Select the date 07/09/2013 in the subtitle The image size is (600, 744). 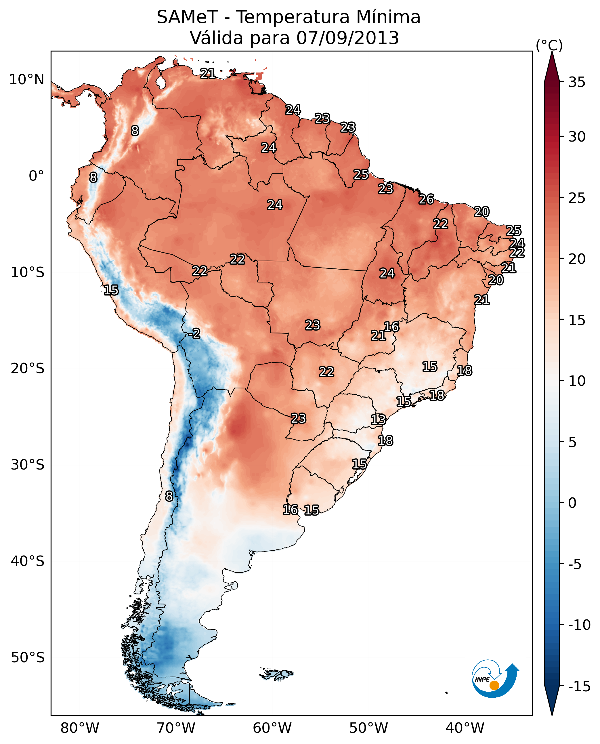(x=347, y=38)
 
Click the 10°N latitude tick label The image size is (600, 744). (x=27, y=80)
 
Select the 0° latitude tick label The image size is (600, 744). (x=36, y=176)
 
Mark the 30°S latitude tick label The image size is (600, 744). (x=28, y=465)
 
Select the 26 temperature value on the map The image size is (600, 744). (x=426, y=199)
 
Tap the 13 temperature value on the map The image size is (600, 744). (x=378, y=420)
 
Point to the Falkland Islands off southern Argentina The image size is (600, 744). (x=276, y=674)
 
